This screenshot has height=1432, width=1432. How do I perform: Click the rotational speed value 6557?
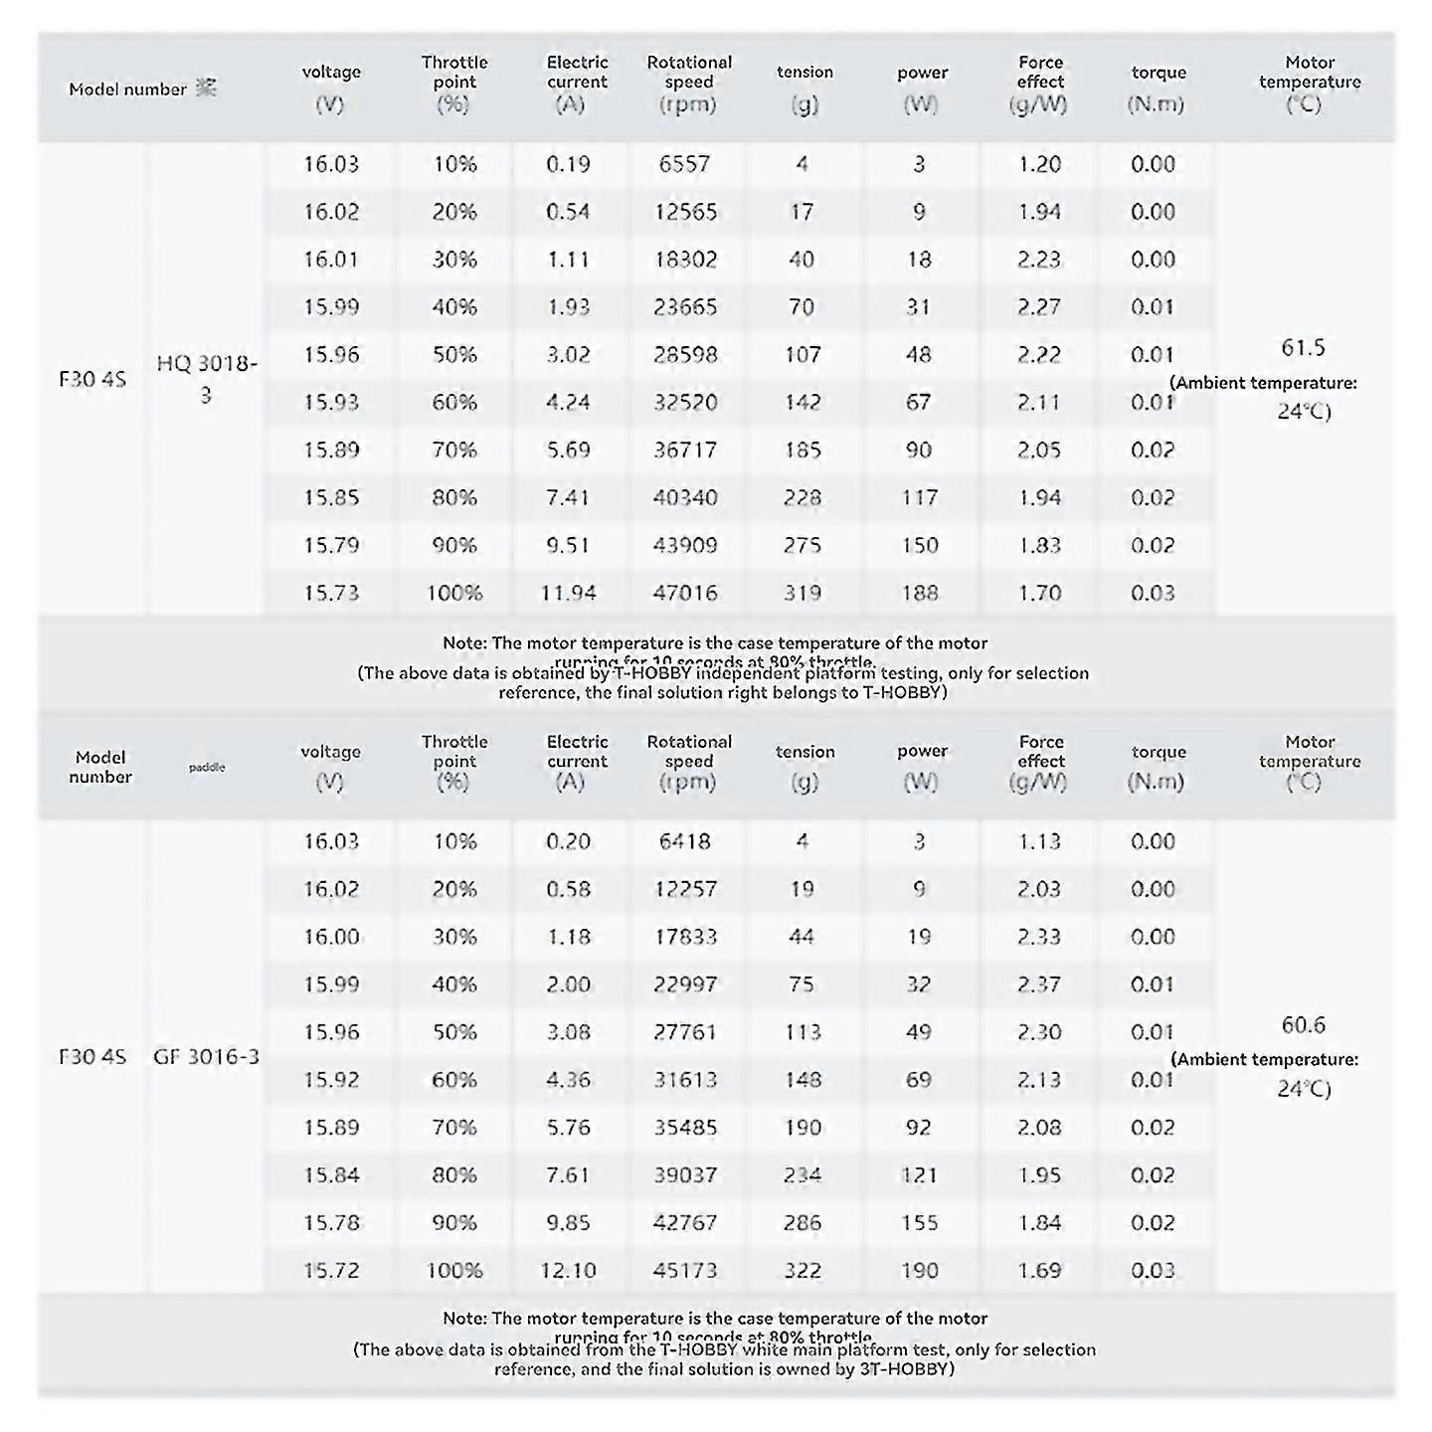684,164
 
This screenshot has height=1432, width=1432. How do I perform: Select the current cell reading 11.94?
568,594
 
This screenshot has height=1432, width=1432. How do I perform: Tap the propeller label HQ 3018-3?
207,379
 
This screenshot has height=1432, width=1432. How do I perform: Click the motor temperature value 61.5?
1303,348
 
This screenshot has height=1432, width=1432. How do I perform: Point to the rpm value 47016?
685,594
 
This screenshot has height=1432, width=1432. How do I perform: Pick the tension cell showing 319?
802,594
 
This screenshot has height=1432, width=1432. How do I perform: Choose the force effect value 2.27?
1039,307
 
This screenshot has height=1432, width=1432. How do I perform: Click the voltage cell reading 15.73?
330,594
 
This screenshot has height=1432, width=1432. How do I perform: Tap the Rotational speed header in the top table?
689,83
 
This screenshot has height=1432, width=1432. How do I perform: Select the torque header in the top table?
1159,73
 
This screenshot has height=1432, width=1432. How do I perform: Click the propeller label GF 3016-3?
207,1056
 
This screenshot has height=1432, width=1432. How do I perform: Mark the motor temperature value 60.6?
1303,1025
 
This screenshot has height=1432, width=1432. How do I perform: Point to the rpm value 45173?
685,1271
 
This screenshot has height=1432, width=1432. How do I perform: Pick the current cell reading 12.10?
568,1271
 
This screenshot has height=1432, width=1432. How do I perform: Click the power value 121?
919,1175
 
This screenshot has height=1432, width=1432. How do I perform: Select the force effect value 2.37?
1039,984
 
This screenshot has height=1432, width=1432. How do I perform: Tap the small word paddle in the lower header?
207,768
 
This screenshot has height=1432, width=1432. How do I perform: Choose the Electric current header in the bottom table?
577,752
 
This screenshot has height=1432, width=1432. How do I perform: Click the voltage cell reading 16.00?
330,937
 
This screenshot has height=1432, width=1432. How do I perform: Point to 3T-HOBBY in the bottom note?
905,1368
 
